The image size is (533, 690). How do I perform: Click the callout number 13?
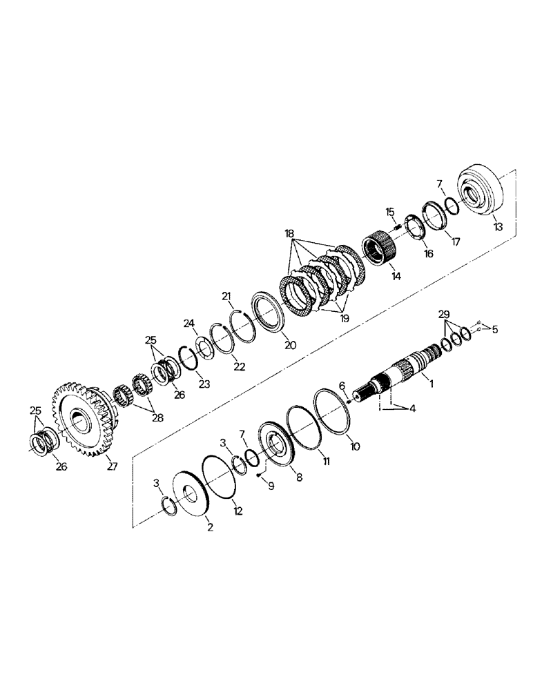(x=498, y=226)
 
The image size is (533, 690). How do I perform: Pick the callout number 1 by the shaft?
(x=432, y=382)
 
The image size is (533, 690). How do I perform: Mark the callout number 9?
(x=271, y=486)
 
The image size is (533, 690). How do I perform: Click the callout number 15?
(x=389, y=211)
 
